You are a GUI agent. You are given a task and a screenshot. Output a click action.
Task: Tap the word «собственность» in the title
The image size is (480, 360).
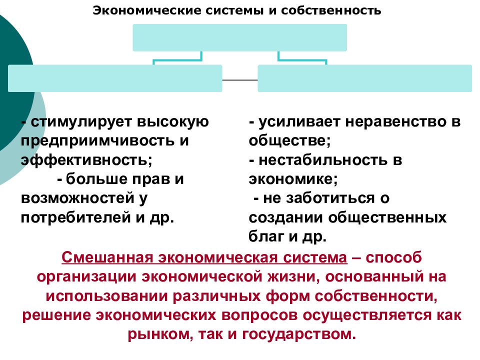[x=331, y=10]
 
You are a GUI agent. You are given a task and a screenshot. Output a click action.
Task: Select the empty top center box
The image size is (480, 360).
[x=239, y=37]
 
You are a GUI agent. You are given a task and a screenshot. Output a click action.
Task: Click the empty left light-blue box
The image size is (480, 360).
[x=115, y=78]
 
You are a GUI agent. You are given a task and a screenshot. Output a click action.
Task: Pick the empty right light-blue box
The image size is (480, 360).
[x=364, y=78]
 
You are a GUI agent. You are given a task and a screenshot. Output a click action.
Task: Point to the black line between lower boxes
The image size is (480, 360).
[x=240, y=80]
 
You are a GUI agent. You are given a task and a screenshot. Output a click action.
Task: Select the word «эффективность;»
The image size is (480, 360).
[x=86, y=160]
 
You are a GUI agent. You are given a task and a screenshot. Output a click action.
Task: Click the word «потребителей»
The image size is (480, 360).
[x=76, y=217]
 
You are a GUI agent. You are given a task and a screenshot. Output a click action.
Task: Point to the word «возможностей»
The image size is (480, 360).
[x=77, y=198]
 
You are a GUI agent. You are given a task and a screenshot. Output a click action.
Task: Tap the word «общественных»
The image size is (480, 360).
[x=387, y=217]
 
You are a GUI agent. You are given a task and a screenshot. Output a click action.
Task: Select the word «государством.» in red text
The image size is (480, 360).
[x=299, y=333]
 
